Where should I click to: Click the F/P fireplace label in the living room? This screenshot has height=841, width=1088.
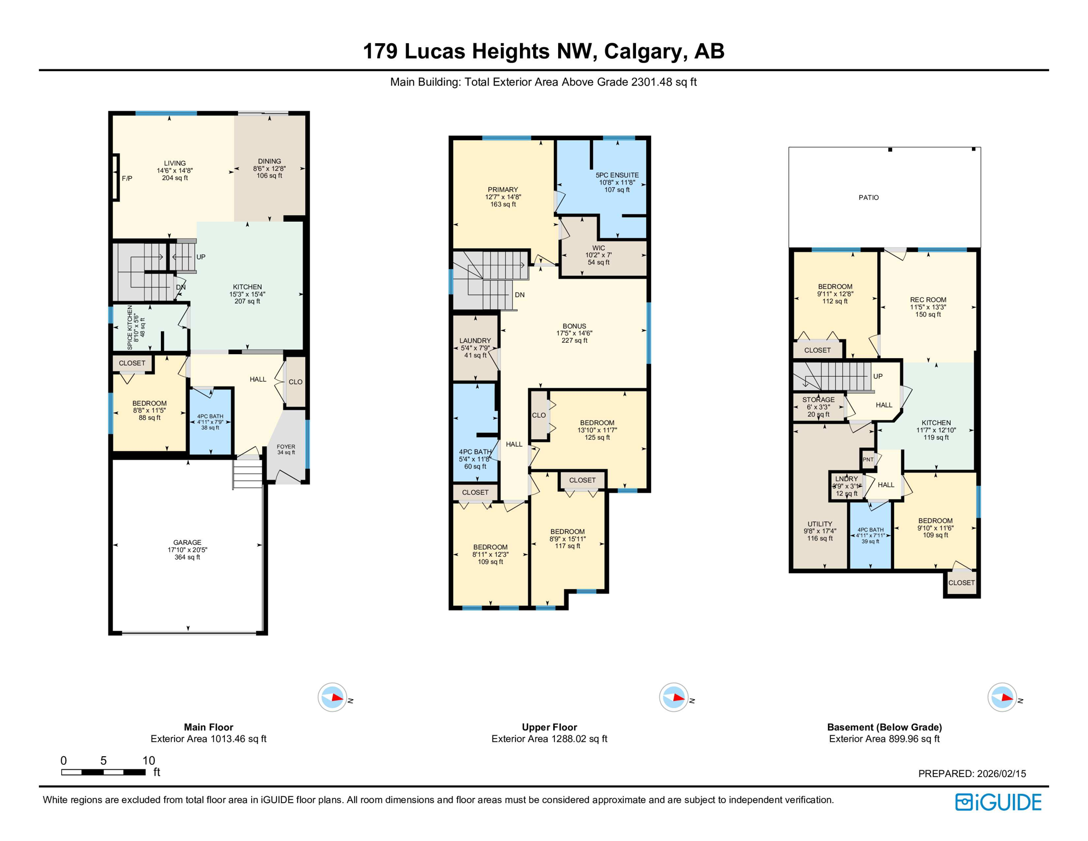pyautogui.click(x=126, y=178)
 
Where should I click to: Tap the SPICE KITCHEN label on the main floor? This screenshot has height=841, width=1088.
pyautogui.click(x=130, y=327)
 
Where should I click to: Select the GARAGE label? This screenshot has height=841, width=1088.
pyautogui.click(x=187, y=543)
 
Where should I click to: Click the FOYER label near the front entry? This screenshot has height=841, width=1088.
pyautogui.click(x=286, y=447)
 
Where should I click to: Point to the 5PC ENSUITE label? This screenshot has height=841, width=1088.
pyautogui.click(x=617, y=175)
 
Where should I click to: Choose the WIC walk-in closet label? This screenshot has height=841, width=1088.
pyautogui.click(x=598, y=248)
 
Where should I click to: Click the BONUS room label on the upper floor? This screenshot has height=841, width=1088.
pyautogui.click(x=574, y=326)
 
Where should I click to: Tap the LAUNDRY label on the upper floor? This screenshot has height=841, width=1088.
pyautogui.click(x=475, y=341)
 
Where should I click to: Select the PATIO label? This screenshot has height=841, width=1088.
pyautogui.click(x=869, y=198)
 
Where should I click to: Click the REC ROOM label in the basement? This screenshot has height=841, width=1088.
pyautogui.click(x=928, y=299)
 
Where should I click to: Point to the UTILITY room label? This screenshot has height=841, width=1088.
pyautogui.click(x=819, y=524)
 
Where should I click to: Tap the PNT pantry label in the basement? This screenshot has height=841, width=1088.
pyautogui.click(x=868, y=459)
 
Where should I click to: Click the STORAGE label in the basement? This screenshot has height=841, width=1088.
pyautogui.click(x=818, y=400)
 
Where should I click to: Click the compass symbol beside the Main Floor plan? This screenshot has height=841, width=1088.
pyautogui.click(x=332, y=698)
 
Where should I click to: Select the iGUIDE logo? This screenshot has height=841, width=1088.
pyautogui.click(x=998, y=802)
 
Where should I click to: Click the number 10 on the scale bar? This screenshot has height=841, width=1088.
pyautogui.click(x=148, y=761)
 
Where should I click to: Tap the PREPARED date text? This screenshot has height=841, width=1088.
pyautogui.click(x=971, y=774)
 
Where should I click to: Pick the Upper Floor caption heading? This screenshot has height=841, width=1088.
pyautogui.click(x=549, y=727)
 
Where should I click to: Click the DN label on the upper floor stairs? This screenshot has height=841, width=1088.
pyautogui.click(x=519, y=295)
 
